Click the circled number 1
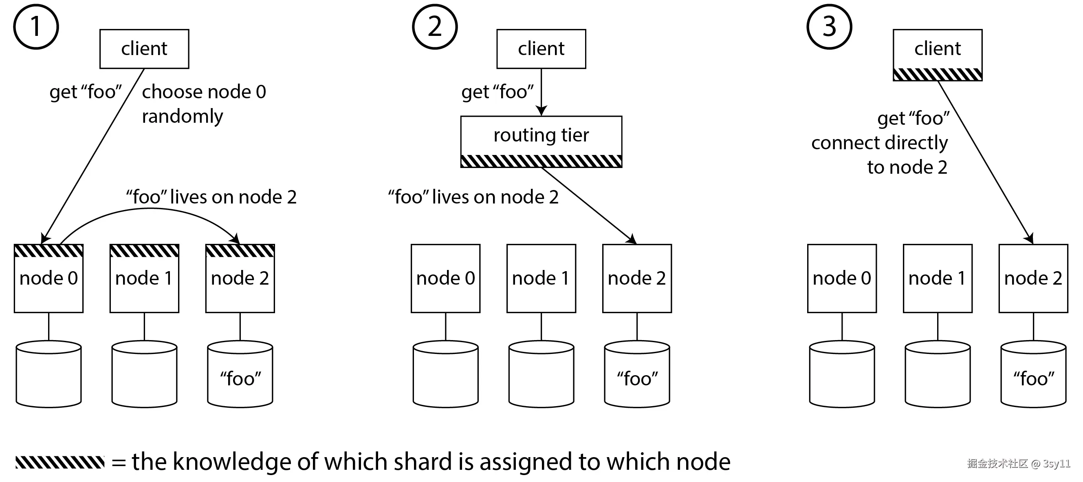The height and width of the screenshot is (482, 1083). click(36, 27)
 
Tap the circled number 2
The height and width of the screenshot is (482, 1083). click(434, 27)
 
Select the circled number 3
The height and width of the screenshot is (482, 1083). click(829, 27)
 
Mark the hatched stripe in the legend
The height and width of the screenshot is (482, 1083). click(60, 462)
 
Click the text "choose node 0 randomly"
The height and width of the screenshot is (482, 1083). click(204, 104)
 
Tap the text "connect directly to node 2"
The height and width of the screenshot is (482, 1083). click(880, 155)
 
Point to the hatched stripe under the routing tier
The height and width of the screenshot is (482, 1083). click(541, 161)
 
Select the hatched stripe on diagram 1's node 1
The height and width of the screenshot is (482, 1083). click(144, 251)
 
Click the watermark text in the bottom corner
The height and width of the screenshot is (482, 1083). click(1018, 464)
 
